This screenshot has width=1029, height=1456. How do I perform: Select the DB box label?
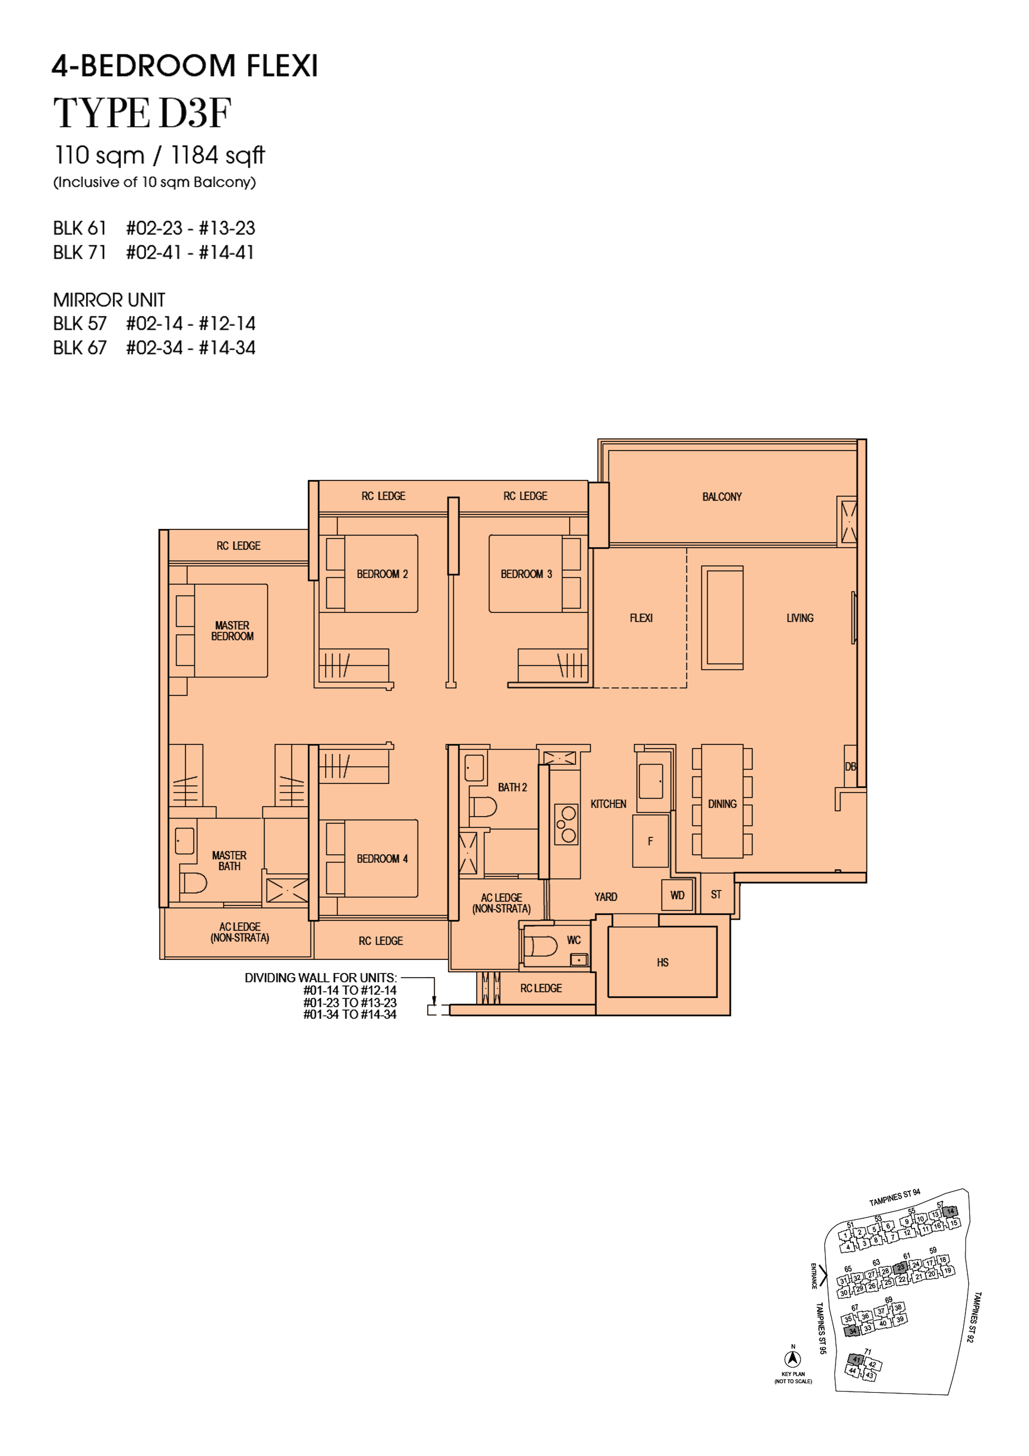850,766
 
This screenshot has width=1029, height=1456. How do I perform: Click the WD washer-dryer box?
677,895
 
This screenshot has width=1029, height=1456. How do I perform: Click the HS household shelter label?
663,962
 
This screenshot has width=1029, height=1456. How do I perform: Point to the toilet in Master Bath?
193,882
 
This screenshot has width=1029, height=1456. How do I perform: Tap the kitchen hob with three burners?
566,824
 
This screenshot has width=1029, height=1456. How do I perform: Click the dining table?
722,801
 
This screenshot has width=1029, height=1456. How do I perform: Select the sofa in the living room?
722,618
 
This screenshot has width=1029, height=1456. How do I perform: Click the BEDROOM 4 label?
382,859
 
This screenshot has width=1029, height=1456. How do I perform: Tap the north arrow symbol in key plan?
792,1358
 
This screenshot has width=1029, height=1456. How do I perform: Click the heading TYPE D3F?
142,113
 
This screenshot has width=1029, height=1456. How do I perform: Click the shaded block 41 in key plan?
856,1359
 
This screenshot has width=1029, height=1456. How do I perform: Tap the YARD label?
605,897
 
